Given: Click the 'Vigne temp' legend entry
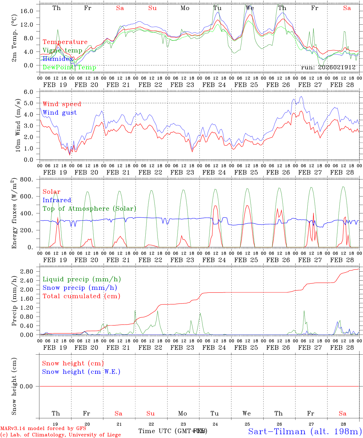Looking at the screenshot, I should click(62, 50).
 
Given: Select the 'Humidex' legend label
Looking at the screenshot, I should click(58, 59).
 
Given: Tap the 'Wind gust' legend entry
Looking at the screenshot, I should click(60, 113).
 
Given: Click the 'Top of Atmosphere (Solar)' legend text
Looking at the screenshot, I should click(89, 209).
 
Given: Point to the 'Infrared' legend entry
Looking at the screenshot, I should click(57, 200).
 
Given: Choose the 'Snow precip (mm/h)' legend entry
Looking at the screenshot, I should click(80, 288).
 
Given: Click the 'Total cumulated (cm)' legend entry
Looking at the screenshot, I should click(81, 296).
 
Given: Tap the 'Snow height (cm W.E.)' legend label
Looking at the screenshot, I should click(81, 372).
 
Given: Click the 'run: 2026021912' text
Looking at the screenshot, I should click(328, 68).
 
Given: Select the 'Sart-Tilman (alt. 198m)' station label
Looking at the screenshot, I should click(305, 431).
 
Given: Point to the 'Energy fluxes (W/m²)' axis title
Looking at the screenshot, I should click(14, 214).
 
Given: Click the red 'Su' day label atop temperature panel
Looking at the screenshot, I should click(152, 8).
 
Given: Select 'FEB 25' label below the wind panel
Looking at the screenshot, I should click(246, 172).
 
